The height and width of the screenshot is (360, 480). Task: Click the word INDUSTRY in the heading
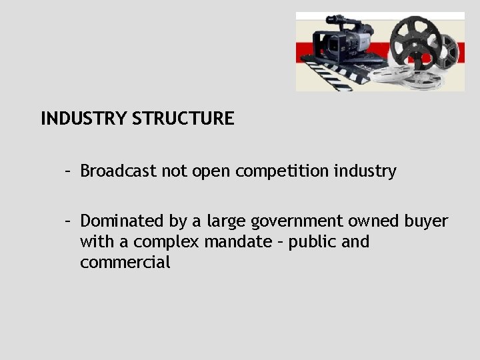tap(83, 119)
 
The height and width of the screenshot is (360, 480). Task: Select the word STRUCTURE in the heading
tap(183, 119)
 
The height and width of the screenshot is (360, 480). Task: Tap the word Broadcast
tap(117, 171)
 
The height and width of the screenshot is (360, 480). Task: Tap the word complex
tap(164, 242)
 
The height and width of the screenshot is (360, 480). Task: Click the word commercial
tap(125, 263)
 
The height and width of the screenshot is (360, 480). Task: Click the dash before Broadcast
tap(68, 171)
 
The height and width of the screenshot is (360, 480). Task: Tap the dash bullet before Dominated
tap(68, 221)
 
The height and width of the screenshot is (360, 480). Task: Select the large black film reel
tap(417, 44)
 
